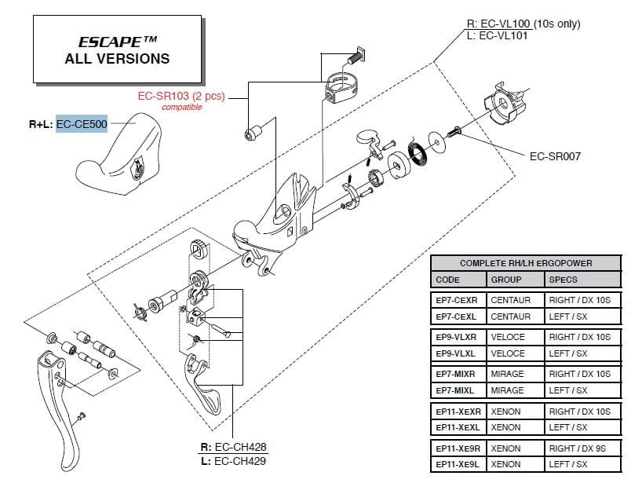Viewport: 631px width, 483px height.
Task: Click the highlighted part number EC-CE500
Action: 82,125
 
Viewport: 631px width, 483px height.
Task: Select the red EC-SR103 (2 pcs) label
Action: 181,97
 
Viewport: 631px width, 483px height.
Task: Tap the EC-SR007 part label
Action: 555,156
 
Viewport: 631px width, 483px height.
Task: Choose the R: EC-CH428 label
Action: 234,447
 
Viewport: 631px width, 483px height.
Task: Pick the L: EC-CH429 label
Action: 234,460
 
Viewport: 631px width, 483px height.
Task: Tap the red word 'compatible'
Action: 181,108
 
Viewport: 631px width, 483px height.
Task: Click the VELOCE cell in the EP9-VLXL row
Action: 507,353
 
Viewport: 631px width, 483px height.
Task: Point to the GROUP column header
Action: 506,280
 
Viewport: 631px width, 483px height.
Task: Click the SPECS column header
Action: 563,280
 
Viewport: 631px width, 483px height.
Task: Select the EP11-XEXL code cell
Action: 457,427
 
